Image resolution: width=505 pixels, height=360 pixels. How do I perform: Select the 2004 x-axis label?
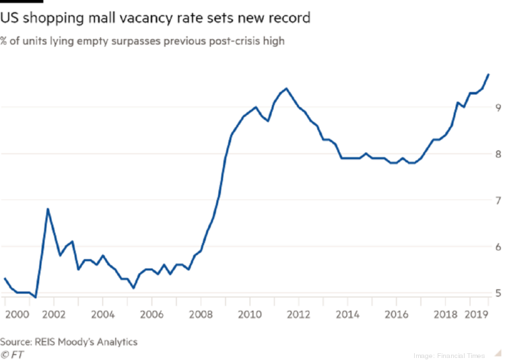[x=102, y=314]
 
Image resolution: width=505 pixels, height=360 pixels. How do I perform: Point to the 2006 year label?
[x=151, y=314]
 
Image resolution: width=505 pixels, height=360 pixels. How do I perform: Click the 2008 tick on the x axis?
[x=201, y=314]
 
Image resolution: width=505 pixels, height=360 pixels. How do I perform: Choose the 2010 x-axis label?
[x=250, y=314]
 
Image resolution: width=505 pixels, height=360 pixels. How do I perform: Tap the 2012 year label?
[x=299, y=314]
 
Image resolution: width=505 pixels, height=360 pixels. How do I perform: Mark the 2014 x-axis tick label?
[x=348, y=314]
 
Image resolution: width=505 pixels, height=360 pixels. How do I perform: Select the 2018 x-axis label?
[x=445, y=314]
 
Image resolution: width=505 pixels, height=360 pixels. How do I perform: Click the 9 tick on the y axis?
[x=497, y=107]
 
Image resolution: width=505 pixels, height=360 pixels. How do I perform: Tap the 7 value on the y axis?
[x=497, y=201]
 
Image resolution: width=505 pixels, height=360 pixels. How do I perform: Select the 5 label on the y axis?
[x=497, y=293]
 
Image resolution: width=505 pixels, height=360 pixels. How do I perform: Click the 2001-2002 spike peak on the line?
[x=47, y=209]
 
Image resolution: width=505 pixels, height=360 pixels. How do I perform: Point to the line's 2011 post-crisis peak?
[x=287, y=88]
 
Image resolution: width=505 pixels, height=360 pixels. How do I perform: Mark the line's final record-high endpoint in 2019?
[x=488, y=74]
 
